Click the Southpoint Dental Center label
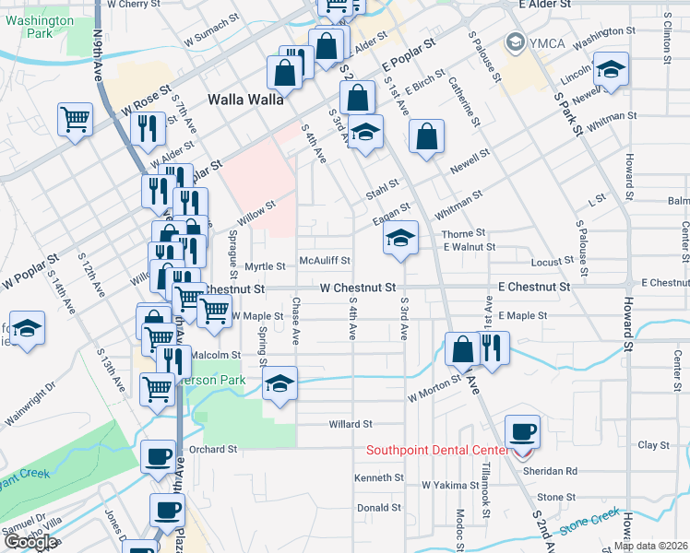437,450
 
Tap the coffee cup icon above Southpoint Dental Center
523,431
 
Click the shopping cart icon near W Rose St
76,119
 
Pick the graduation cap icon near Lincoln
611,71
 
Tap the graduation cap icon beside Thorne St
401,238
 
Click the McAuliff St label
325,261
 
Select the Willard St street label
350,425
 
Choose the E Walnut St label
469,247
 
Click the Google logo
30,543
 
